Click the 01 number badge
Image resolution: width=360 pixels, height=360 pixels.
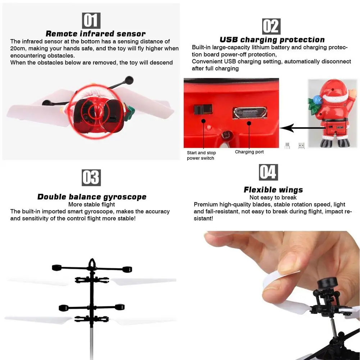click(x=91, y=20)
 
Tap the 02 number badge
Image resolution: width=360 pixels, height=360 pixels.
click(x=271, y=27)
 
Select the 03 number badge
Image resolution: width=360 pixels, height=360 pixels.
click(x=91, y=178)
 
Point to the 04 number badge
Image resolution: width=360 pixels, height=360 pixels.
click(x=268, y=172)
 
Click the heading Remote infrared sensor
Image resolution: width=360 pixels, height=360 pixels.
click(x=95, y=34)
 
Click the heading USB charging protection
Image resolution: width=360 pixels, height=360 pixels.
click(x=272, y=40)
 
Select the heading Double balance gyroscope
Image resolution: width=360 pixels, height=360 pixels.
click(x=92, y=197)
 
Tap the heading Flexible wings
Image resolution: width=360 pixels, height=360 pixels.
click(x=273, y=190)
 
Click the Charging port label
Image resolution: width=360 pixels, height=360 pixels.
click(x=249, y=152)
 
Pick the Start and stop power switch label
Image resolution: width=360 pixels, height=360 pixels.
click(x=201, y=155)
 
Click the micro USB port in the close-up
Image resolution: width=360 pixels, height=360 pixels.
click(x=250, y=113)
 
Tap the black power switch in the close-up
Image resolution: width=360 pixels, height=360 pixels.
click(x=203, y=110)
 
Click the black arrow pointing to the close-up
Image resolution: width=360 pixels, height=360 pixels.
click(x=295, y=128)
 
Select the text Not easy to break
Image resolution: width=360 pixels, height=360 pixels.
click(x=273, y=197)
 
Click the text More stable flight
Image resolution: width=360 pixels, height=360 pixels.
click(x=92, y=205)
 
